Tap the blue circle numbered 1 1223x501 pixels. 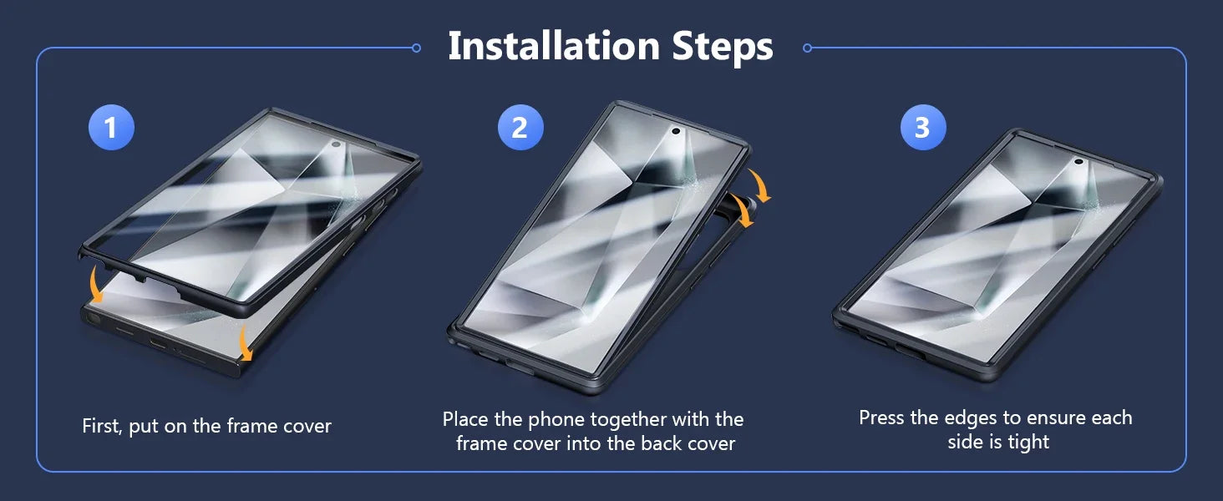(111, 127)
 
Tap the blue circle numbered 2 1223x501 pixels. (520, 127)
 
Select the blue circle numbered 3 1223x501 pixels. (923, 127)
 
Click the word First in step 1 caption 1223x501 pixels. (102, 426)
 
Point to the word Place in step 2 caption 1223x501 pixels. (465, 419)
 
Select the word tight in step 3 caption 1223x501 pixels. (1028, 442)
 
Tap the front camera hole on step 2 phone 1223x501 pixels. (675, 131)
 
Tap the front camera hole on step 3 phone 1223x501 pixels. (1078, 161)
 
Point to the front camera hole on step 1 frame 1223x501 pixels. (336, 144)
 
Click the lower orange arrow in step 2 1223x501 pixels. (743, 210)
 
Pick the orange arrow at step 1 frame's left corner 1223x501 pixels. (95, 284)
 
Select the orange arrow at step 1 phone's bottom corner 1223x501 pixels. (245, 342)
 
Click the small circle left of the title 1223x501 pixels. (416, 48)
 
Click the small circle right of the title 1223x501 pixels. (808, 48)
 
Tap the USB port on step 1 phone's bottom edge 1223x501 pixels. (159, 344)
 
